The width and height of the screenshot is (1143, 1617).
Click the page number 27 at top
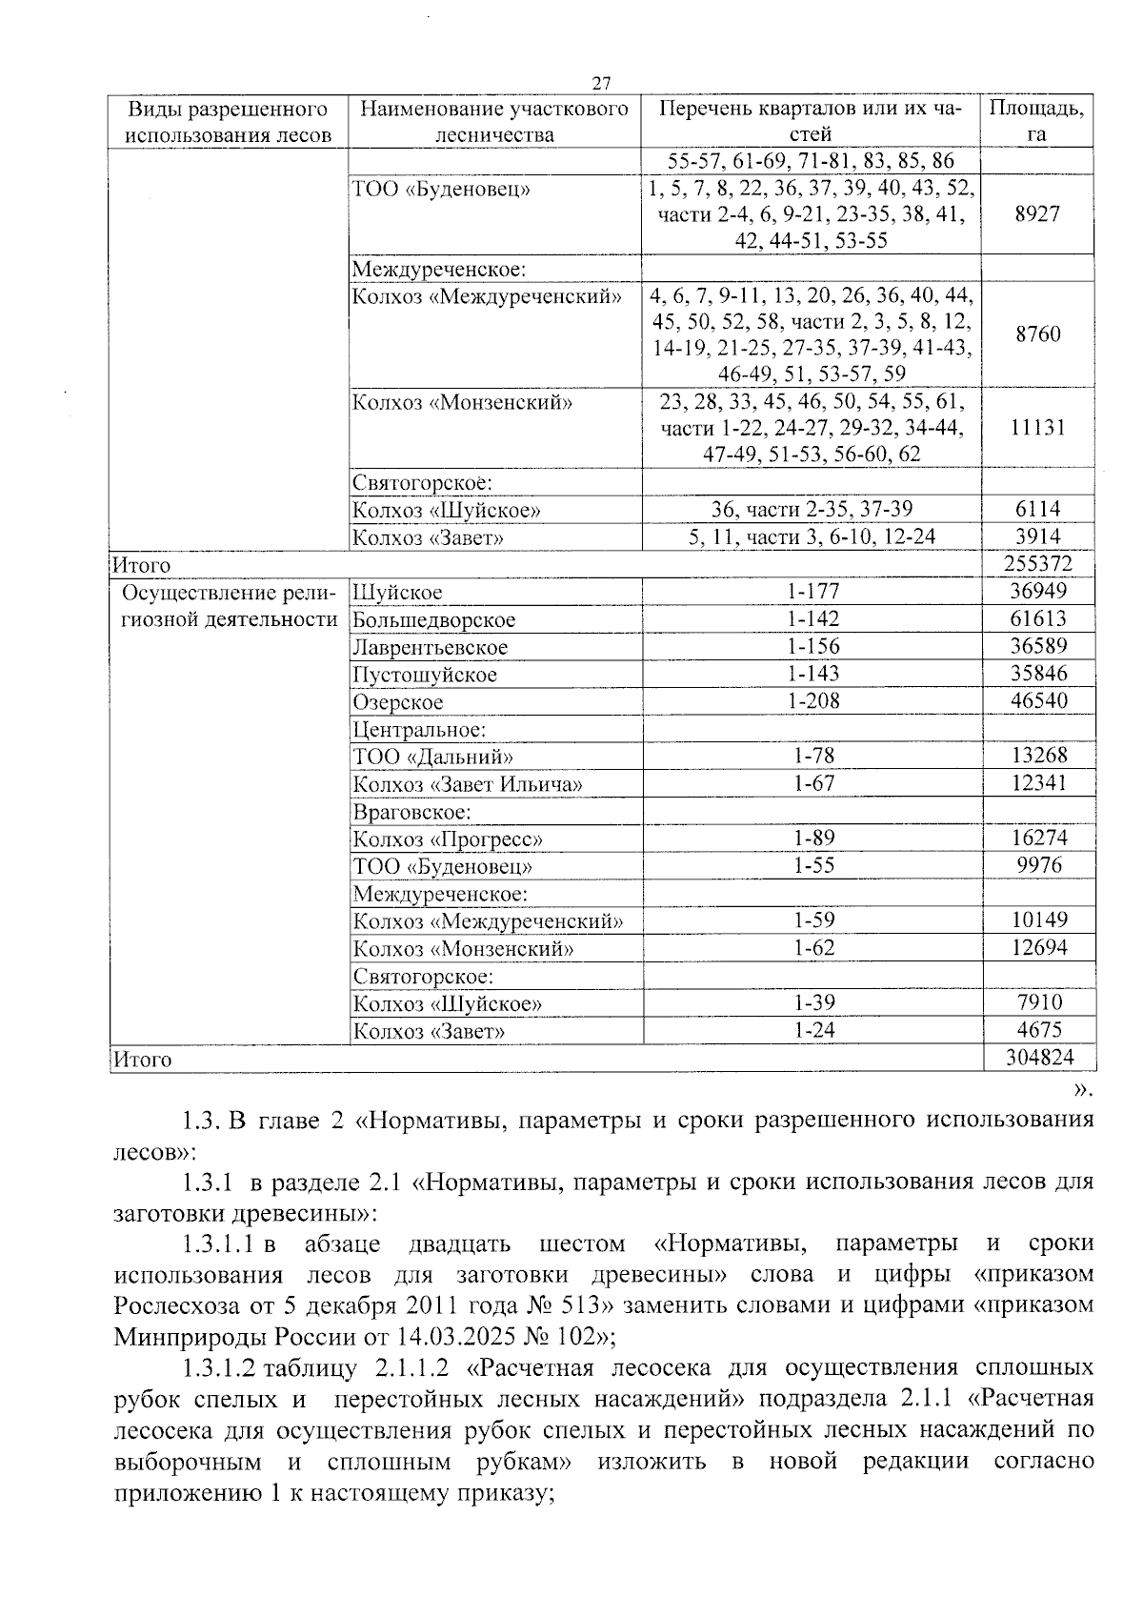(600, 83)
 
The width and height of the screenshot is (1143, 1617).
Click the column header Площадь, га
(1036, 121)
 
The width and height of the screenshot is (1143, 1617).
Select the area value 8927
(1036, 214)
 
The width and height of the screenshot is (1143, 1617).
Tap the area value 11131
(1036, 428)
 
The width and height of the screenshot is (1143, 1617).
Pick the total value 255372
(1036, 565)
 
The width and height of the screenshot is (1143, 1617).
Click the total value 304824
(1036, 1058)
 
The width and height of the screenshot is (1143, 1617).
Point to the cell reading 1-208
(812, 701)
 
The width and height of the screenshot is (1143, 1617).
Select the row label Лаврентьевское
(430, 648)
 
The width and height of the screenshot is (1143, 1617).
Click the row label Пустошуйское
(425, 676)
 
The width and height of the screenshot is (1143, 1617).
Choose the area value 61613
(1036, 619)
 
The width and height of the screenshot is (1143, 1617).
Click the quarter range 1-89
(812, 839)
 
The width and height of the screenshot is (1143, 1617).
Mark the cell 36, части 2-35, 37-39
(812, 510)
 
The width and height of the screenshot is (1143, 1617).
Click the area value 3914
(1036, 536)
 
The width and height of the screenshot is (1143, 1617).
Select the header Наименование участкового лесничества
(493, 121)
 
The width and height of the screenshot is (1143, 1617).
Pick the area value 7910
(1036, 1002)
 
